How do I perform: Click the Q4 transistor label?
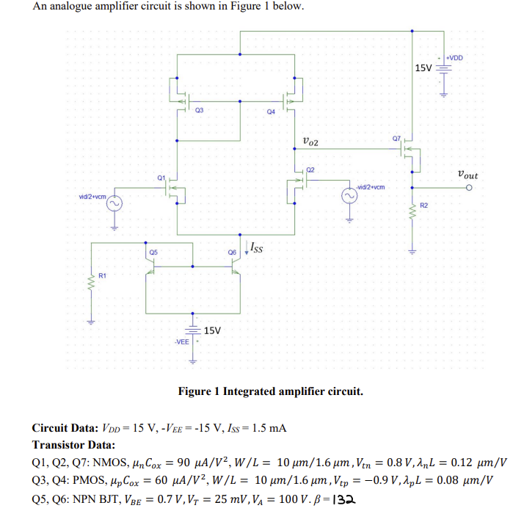point(271,112)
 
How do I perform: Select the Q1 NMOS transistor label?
point(161,177)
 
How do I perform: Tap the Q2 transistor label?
point(310,169)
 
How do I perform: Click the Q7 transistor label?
point(397,138)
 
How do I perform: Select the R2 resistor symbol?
point(412,217)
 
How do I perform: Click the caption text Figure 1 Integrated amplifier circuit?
point(270,391)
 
